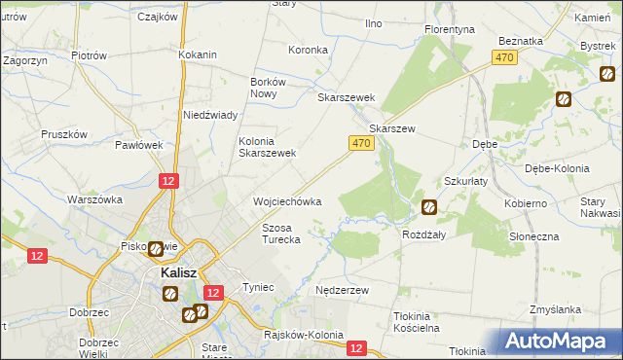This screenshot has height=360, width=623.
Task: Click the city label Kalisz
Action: pos(179,273)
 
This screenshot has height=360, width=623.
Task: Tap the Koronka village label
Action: pos(307,49)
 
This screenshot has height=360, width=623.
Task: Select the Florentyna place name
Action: pos(449,29)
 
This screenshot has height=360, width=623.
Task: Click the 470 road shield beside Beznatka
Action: pos(503,59)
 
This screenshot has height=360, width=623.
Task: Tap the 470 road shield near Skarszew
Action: pos(360,143)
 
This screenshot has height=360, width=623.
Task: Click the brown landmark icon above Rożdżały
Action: pos(428,206)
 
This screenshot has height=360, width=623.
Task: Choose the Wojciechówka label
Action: pos(287,201)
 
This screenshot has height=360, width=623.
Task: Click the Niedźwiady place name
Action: pos(211,115)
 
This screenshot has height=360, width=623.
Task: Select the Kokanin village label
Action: pos(197,54)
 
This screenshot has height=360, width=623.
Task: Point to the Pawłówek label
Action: pos(138,145)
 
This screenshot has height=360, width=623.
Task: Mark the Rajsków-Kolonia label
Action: pos(304,335)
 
